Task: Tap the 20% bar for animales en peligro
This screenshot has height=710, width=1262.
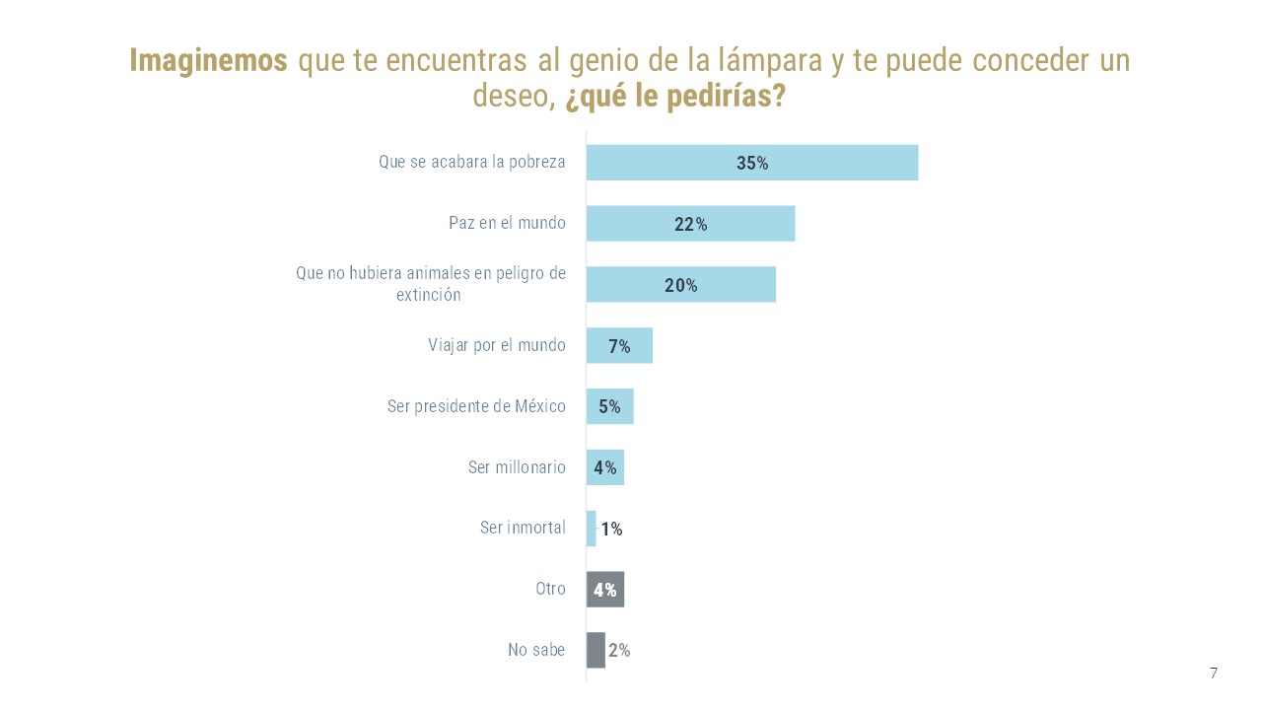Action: [x=631, y=285]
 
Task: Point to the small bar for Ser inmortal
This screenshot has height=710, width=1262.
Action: [x=591, y=529]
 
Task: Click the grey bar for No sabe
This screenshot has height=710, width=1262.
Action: [x=596, y=651]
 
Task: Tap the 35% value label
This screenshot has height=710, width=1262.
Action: [x=752, y=164]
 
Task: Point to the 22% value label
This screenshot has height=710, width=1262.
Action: [x=690, y=225]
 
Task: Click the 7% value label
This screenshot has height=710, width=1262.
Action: [x=619, y=346]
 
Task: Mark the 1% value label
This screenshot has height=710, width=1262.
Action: [x=611, y=530]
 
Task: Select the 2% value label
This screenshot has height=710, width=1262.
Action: [x=619, y=651]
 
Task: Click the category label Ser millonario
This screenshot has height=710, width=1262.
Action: [x=517, y=467]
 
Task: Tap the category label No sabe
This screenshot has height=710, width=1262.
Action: [x=536, y=650]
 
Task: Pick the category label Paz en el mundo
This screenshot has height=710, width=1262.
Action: [x=507, y=223]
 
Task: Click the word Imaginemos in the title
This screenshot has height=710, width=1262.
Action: [x=208, y=61]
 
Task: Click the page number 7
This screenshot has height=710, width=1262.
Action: [x=1214, y=674]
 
